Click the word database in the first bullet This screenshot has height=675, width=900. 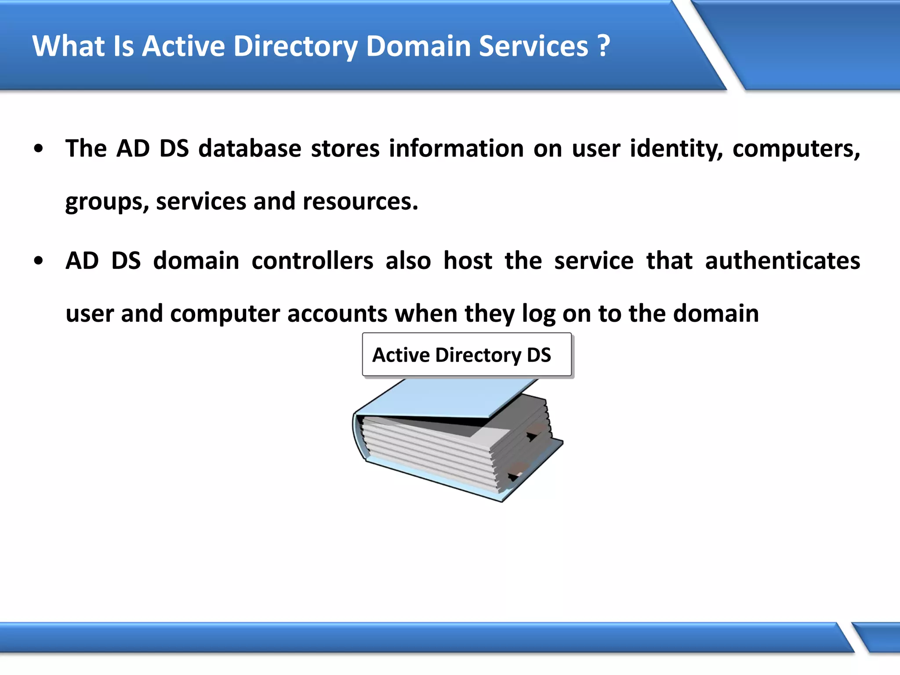tap(250, 149)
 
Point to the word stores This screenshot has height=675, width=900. tap(345, 149)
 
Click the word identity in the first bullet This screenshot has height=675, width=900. tap(676, 149)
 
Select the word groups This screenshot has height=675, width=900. tap(107, 202)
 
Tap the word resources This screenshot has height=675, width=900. tap(360, 202)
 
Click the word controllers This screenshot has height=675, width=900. tap(312, 261)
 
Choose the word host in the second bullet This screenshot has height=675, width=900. tap(468, 261)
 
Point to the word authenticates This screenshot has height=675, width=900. tap(782, 261)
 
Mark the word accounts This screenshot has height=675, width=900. tap(337, 314)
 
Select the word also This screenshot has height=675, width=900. tap(408, 261)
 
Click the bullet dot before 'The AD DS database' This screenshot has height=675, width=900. tap(39, 149)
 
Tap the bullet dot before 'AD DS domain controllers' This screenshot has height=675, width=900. tap(39, 261)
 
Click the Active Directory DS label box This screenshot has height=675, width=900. tap(467, 355)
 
